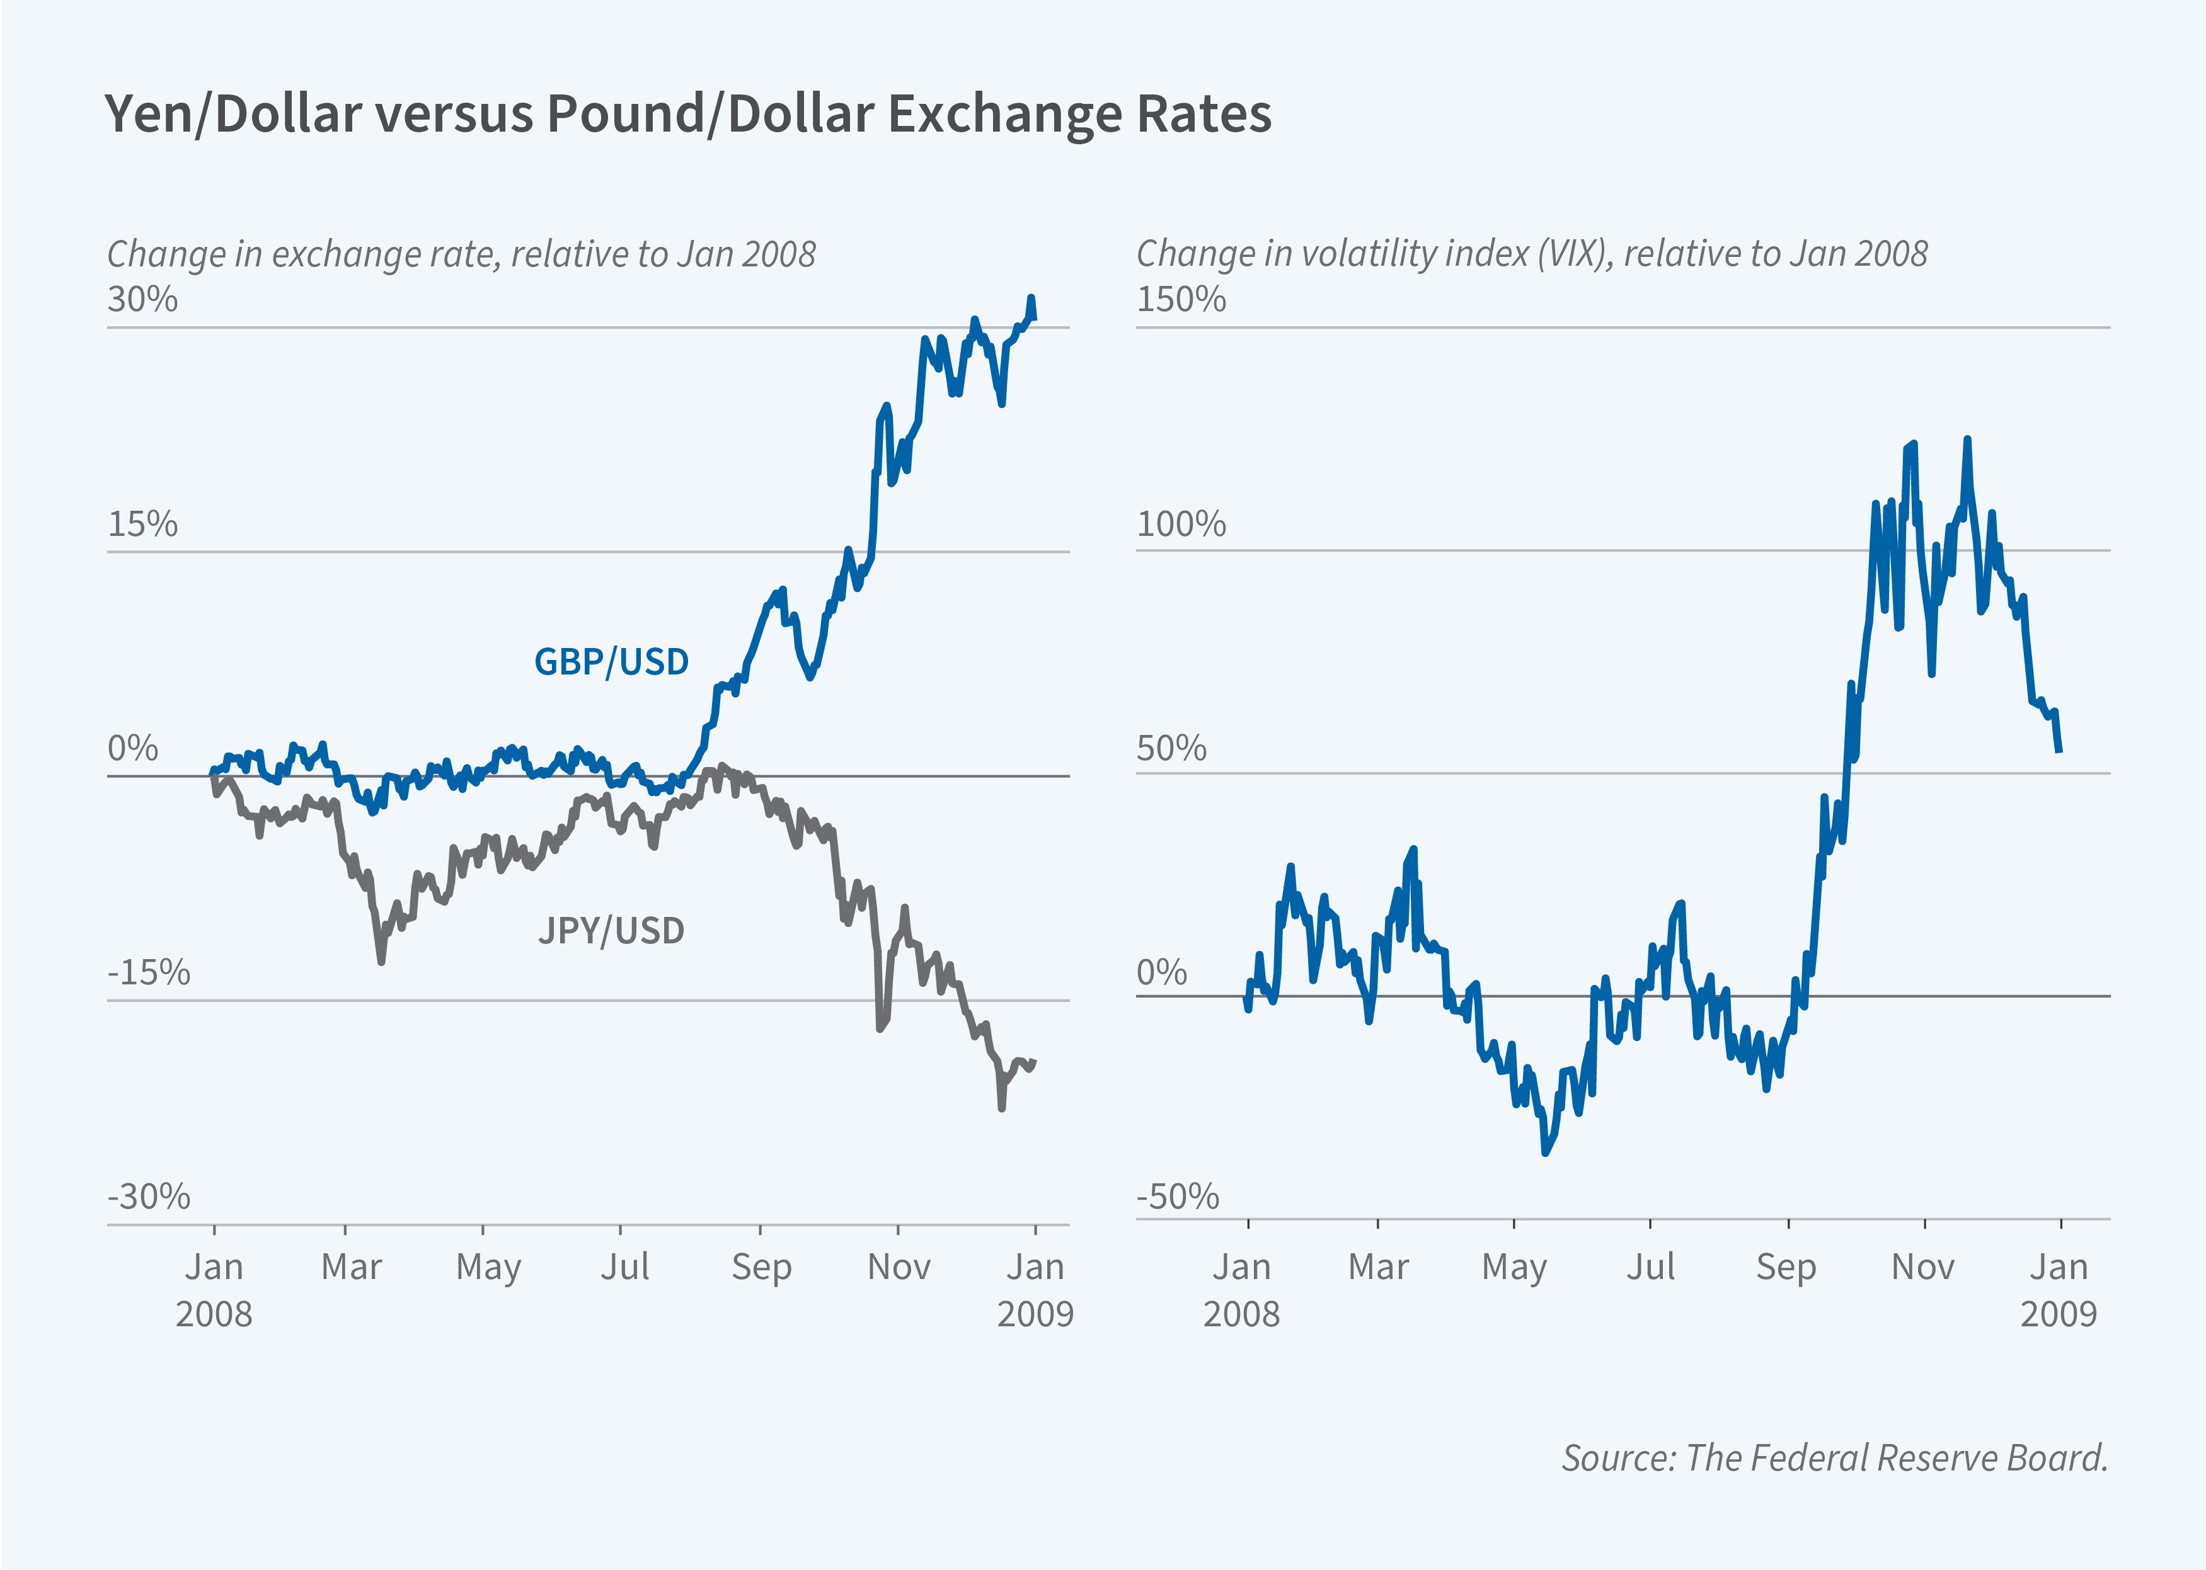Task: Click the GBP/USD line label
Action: pyautogui.click(x=611, y=663)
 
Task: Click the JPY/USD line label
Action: pyautogui.click(x=611, y=931)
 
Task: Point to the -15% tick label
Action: pyautogui.click(x=149, y=972)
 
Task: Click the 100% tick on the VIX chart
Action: pyautogui.click(x=1181, y=524)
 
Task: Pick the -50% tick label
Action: pyautogui.click(x=1177, y=1197)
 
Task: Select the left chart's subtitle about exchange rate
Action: pyautogui.click(x=461, y=254)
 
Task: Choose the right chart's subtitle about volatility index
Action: pyautogui.click(x=1531, y=254)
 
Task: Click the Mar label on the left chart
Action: pyautogui.click(x=351, y=1266)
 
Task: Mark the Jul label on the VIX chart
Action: pyautogui.click(x=1650, y=1266)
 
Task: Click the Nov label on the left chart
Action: pyautogui.click(x=899, y=1266)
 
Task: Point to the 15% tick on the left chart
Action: pyautogui.click(x=142, y=524)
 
